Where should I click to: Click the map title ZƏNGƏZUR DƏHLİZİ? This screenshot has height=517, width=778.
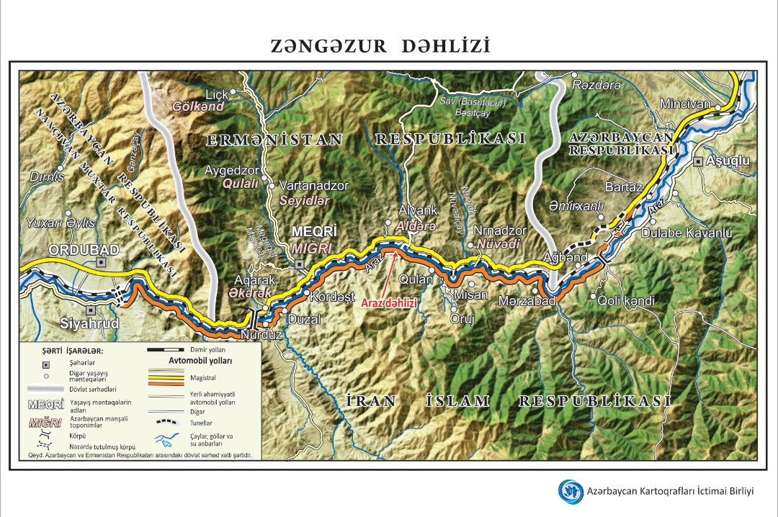380,47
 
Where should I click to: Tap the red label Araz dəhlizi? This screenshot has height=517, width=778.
389,303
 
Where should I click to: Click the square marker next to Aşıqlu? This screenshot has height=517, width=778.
697,162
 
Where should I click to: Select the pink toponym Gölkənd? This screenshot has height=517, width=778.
198,107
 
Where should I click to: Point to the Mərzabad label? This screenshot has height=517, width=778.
527,301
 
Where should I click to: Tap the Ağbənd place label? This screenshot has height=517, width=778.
565,257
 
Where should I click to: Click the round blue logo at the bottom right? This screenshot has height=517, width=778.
571,491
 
